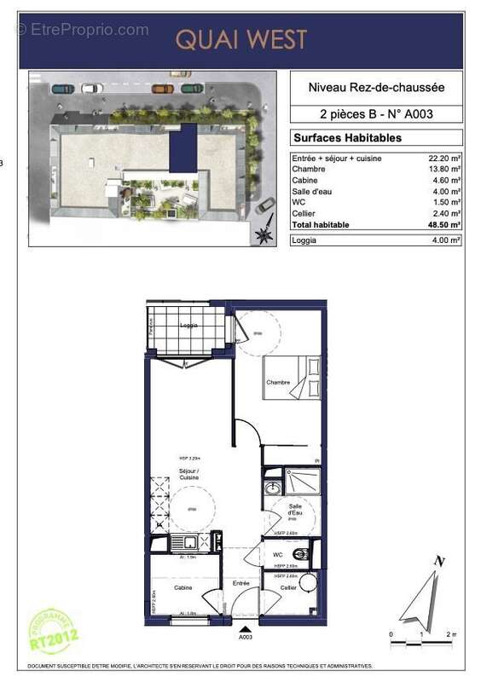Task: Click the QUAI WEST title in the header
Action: click(x=241, y=39)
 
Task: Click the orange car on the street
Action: click(x=162, y=88)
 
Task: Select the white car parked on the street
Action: click(x=90, y=88)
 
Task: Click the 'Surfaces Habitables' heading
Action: click(x=346, y=137)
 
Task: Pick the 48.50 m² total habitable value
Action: click(x=444, y=225)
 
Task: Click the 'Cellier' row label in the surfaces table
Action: click(x=304, y=214)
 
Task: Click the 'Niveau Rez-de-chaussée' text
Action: click(x=376, y=87)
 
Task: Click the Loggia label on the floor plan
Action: click(x=189, y=325)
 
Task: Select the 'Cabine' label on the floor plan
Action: click(x=183, y=587)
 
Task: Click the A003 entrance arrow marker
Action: click(x=245, y=627)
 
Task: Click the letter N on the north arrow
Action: click(x=439, y=560)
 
